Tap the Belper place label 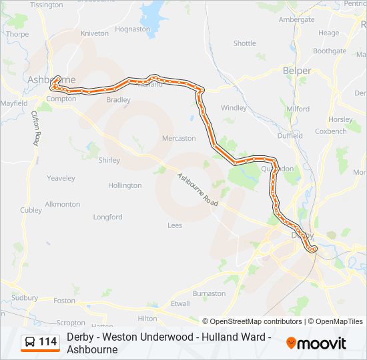(297, 71)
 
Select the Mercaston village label (179, 139)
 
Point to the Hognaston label (132, 29)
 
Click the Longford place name (107, 217)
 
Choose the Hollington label (125, 185)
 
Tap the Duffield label (290, 135)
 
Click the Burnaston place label (209, 293)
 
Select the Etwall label (180, 303)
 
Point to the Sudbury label (25, 298)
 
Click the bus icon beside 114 (30, 343)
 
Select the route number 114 (48, 343)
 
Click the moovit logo (316, 343)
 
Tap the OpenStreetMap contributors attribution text (252, 321)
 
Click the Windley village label (234, 107)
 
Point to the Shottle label (244, 43)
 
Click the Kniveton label (94, 33)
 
